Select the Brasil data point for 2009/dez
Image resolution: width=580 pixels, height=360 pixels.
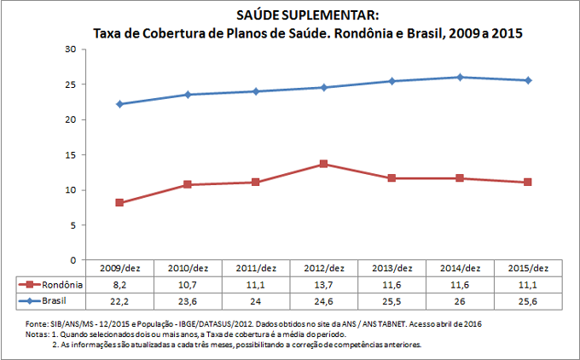119,104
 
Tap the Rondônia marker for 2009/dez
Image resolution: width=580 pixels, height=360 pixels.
119,202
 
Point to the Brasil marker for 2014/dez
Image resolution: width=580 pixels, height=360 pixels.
460,78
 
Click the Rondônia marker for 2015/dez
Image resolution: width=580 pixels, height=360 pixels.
528,182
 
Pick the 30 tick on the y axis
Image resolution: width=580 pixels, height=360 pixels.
72,49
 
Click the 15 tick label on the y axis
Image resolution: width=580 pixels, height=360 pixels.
72,154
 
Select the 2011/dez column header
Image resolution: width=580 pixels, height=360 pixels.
255,270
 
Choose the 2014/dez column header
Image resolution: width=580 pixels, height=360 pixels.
460,270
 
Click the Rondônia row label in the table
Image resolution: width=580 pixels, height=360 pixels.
57,286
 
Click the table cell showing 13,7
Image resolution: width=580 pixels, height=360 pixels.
323,286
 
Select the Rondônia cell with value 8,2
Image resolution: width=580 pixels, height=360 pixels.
119,286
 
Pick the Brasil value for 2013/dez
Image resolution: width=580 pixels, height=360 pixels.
391,302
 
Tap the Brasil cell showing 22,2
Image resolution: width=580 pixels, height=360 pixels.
119,302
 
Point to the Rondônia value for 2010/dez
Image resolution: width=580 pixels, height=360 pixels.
187,286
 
